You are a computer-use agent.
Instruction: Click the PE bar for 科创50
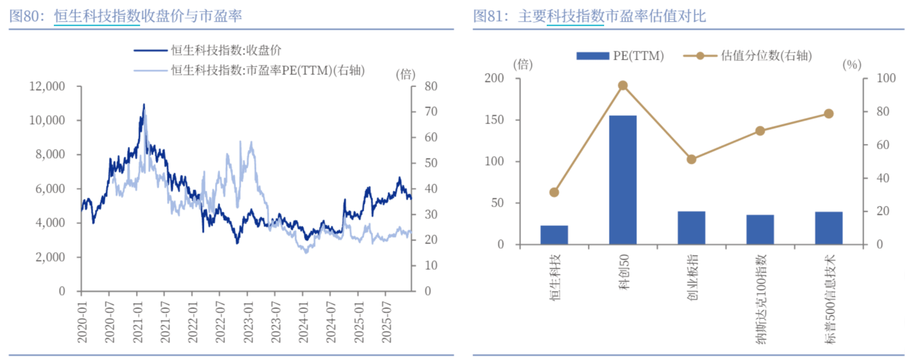622,180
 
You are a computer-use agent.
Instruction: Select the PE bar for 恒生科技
554,235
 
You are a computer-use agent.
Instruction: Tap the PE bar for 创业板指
691,228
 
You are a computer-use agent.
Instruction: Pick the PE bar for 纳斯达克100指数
760,229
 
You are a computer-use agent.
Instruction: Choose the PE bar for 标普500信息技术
828,228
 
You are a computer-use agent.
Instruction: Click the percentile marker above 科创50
623,85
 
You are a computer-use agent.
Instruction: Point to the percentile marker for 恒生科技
554,193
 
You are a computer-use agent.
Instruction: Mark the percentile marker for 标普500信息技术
828,114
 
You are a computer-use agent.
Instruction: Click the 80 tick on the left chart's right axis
430,87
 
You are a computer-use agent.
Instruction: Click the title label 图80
27,16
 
